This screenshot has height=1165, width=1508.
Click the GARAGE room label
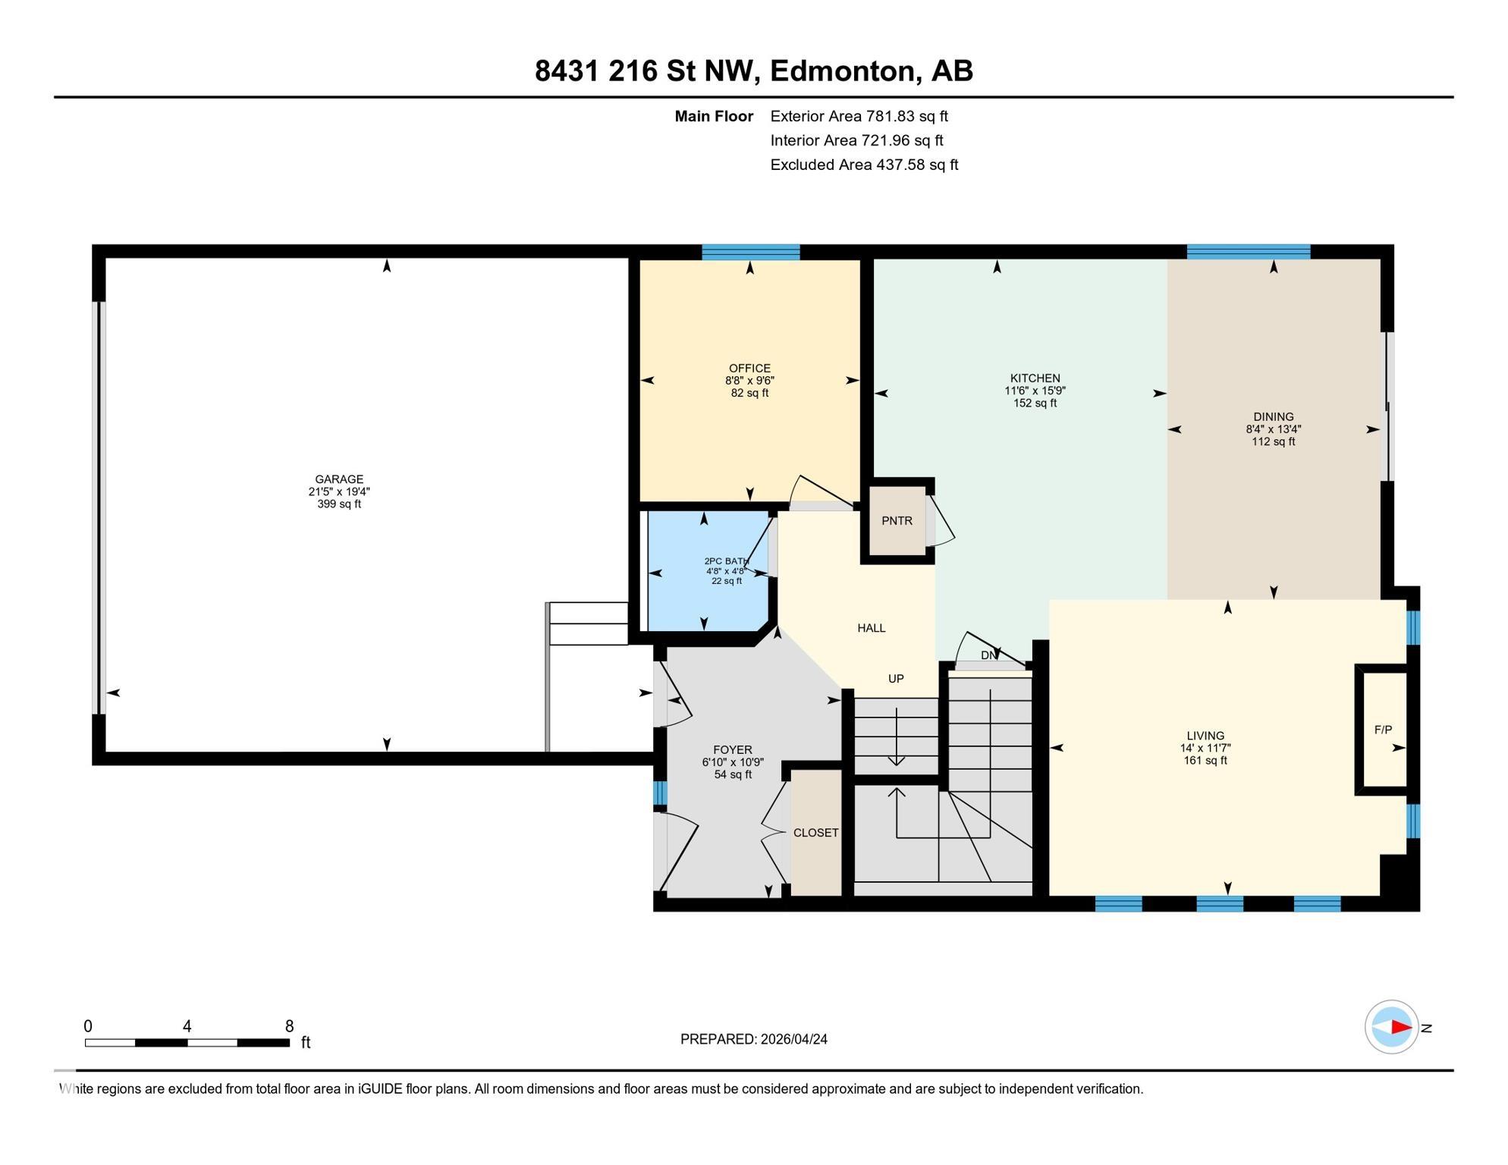click(x=339, y=479)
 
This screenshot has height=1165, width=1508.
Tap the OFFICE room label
click(x=749, y=369)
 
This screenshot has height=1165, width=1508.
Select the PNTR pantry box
click(x=897, y=521)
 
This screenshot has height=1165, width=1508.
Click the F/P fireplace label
click(x=1383, y=730)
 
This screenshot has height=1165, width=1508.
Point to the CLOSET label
click(x=815, y=833)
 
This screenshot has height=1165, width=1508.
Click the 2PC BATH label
click(x=726, y=562)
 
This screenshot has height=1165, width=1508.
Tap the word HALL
click(x=871, y=628)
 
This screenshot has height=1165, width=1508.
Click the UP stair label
click(x=896, y=679)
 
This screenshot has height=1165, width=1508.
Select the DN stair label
click(x=988, y=655)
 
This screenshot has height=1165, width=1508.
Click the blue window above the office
click(x=750, y=252)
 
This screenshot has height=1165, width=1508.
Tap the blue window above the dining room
click(x=1248, y=252)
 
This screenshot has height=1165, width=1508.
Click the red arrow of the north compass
click(x=1400, y=1028)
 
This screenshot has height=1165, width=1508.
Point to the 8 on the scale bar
click(x=289, y=1026)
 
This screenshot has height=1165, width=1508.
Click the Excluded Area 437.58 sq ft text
click(x=864, y=165)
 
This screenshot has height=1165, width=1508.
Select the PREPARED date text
click(x=753, y=1039)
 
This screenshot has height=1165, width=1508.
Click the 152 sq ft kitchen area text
click(x=1035, y=403)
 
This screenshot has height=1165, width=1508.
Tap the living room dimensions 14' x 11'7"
click(x=1205, y=748)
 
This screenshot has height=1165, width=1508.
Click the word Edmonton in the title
click(x=844, y=71)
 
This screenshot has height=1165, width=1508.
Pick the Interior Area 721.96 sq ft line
click(x=856, y=140)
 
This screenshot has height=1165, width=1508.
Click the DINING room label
click(x=1273, y=416)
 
